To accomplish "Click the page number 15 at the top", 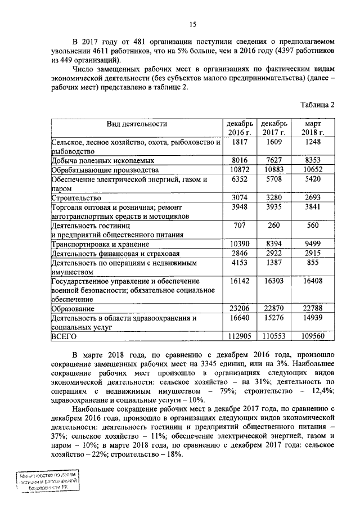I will pyautogui.click(x=192, y=24).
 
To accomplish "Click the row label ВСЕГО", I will pyautogui.click(x=64, y=336).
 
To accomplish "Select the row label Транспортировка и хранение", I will pyautogui.click(x=100, y=244).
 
